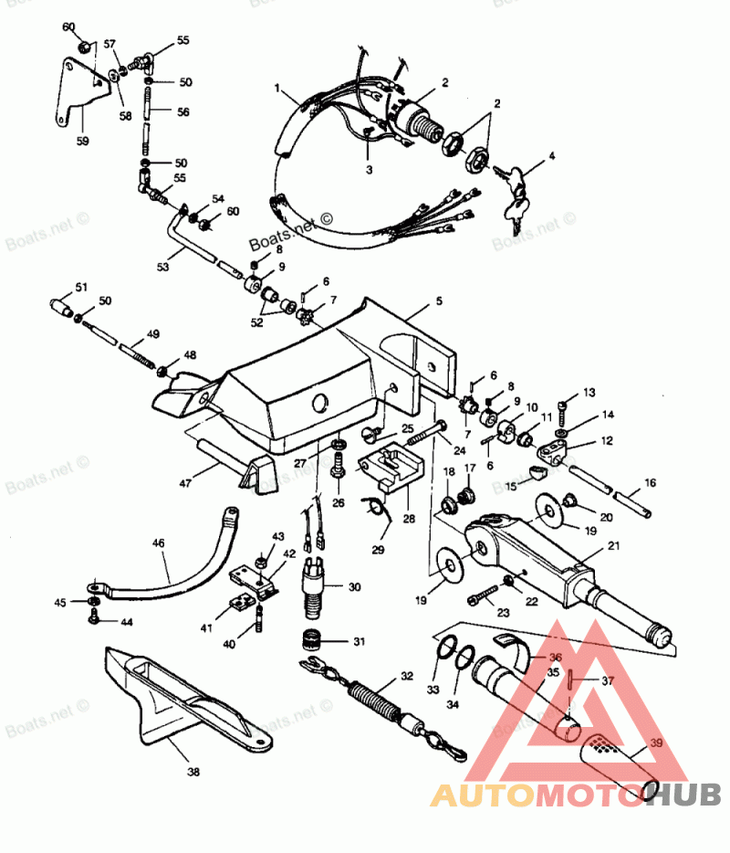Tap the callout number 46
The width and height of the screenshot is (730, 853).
[x=159, y=543]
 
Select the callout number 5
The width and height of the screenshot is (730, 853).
[x=438, y=300]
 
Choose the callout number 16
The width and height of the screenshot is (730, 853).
[x=650, y=482]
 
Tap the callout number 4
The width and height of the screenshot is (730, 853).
[x=551, y=156]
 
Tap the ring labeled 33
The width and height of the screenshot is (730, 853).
[x=444, y=650]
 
